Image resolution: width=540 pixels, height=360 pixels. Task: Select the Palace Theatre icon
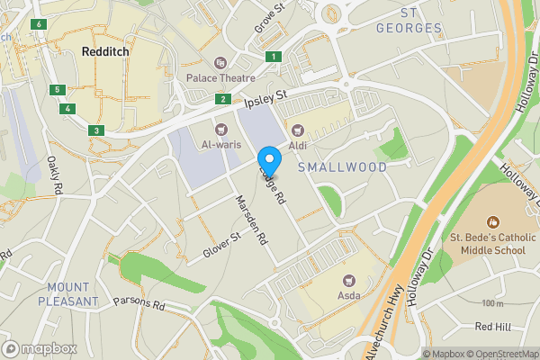point(220,62)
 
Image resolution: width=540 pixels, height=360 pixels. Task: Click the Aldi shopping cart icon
point(296,130)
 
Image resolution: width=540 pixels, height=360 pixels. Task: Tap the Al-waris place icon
point(221,128)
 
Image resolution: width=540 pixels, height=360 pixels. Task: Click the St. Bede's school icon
point(492,221)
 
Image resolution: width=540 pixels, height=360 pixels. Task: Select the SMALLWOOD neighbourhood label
point(342,167)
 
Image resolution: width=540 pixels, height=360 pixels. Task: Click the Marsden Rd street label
point(253,221)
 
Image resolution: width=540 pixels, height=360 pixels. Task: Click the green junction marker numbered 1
point(272,57)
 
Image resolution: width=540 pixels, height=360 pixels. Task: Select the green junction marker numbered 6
point(39,23)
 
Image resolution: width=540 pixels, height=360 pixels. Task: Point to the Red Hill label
point(492,326)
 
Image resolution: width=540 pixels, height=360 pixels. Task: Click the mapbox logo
point(40,348)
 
